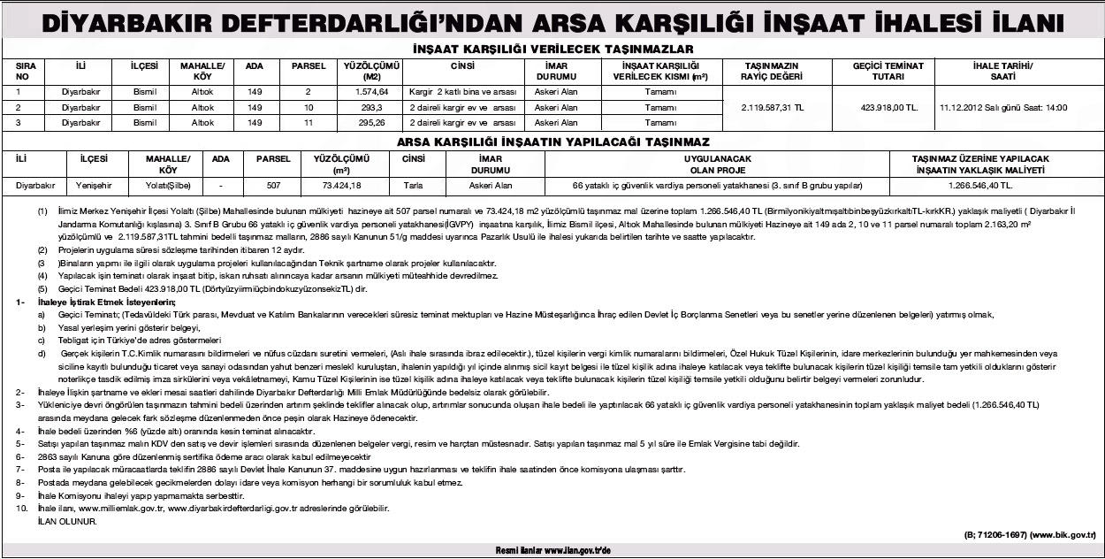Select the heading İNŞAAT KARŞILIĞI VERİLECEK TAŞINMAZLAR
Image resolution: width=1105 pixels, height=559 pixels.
(x=552, y=50)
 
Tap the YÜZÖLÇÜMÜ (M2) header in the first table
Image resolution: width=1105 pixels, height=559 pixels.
(x=372, y=71)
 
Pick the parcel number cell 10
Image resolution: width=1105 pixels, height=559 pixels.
(x=309, y=107)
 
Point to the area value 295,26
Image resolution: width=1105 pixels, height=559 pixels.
(x=372, y=122)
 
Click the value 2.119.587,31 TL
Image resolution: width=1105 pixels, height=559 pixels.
(x=775, y=107)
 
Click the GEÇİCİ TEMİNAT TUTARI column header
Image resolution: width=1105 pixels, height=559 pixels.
(x=888, y=71)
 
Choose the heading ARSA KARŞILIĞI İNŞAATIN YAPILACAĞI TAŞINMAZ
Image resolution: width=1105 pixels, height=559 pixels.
(x=552, y=142)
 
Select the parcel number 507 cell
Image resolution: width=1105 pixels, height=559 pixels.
(x=273, y=187)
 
